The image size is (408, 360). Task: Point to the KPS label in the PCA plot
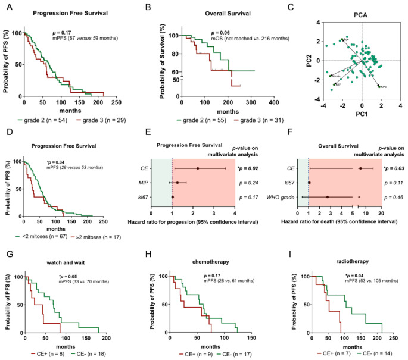tap(384, 87)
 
